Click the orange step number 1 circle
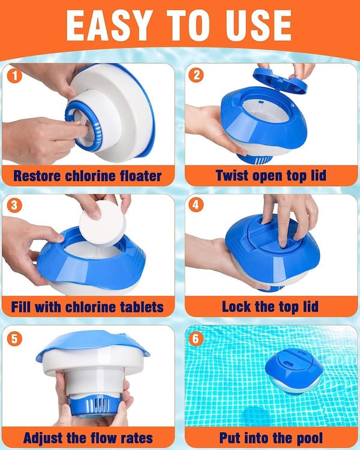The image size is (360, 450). tap(14, 76)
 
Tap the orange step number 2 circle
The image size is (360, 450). tap(196, 75)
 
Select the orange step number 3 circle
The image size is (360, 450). tap(14, 205)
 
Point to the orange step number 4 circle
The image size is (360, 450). tap(196, 205)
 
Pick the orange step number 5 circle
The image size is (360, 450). tap(14, 338)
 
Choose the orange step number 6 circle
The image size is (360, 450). tap(196, 338)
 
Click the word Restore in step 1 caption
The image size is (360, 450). tap(38, 176)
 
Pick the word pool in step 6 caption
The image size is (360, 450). tap(310, 439)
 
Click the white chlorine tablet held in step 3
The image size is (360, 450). tap(103, 224)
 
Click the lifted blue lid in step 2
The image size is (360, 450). tap(280, 80)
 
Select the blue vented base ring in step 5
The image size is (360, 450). tap(95, 405)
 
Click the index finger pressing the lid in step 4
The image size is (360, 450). tap(283, 227)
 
